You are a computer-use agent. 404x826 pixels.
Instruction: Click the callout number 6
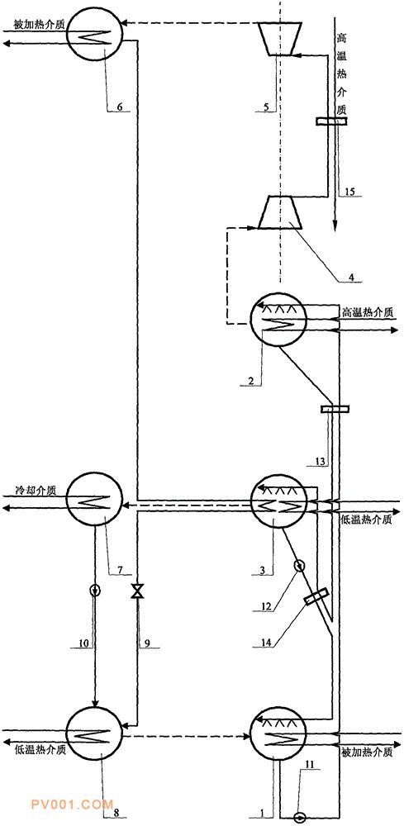click(x=120, y=107)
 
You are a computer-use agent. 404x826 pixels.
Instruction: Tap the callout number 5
click(x=267, y=107)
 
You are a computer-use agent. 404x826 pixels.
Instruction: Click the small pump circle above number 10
click(x=95, y=589)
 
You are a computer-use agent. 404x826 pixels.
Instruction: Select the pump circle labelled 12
click(x=300, y=566)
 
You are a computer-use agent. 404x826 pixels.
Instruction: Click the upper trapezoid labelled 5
click(x=281, y=38)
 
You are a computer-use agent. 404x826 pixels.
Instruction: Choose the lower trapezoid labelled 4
click(x=280, y=212)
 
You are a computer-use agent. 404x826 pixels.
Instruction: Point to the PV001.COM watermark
click(x=72, y=805)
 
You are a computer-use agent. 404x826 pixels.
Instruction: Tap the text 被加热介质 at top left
click(x=38, y=25)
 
